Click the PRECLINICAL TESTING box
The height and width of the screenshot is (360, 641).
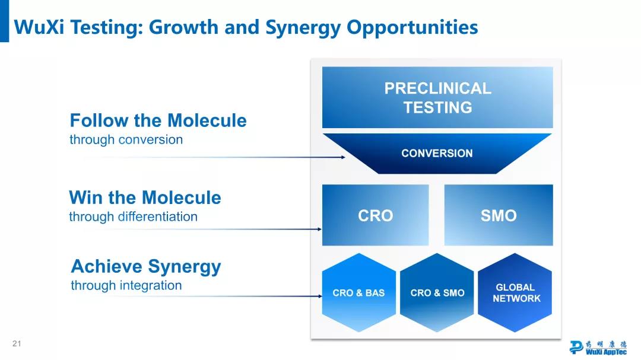(x=437, y=98)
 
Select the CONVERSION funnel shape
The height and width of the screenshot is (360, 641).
(x=437, y=154)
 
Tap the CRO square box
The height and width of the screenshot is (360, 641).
(x=375, y=215)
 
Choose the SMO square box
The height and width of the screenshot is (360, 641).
(x=499, y=215)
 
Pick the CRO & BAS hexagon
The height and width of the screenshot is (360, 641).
(x=359, y=292)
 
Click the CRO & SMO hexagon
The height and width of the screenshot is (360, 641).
(x=437, y=292)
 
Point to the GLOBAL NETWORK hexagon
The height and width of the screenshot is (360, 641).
(x=515, y=292)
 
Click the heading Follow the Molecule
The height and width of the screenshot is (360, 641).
(x=158, y=120)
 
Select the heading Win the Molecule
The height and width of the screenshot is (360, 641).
(x=145, y=197)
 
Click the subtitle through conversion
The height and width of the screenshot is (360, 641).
(x=126, y=140)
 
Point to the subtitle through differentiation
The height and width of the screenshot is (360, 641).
(x=134, y=216)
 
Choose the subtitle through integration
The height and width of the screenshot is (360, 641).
(x=126, y=286)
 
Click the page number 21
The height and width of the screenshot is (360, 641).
(x=17, y=343)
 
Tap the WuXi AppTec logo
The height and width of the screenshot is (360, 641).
(x=598, y=348)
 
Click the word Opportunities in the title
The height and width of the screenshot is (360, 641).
(x=412, y=28)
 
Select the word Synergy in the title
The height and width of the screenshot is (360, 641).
(x=303, y=28)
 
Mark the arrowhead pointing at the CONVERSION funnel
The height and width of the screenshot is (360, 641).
(x=343, y=157)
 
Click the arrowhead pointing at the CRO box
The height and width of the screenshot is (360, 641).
(x=320, y=230)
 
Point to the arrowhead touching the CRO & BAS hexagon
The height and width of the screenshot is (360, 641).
(x=320, y=297)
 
